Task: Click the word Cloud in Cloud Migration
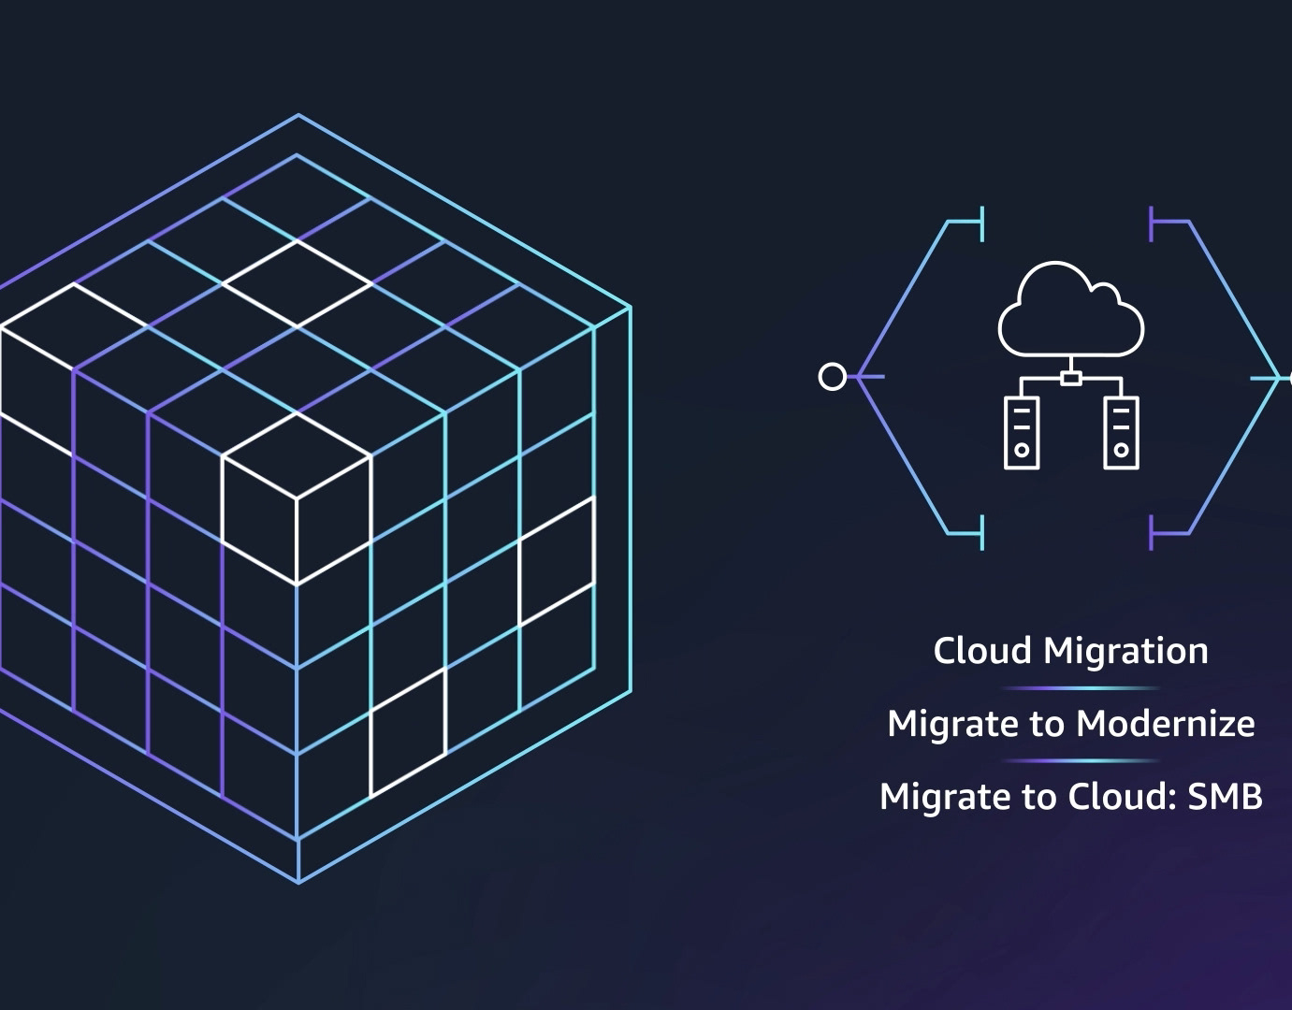point(982,651)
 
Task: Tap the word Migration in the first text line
point(1125,651)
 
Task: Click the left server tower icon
point(1022,432)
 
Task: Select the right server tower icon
point(1121,432)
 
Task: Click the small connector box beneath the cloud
point(1071,379)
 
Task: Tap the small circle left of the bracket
point(832,377)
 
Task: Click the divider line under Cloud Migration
point(1081,688)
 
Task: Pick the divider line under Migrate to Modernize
point(1081,760)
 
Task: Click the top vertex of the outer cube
point(298,115)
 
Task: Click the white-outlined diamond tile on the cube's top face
point(298,283)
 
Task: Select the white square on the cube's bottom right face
point(408,732)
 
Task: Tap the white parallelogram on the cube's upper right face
point(557,561)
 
